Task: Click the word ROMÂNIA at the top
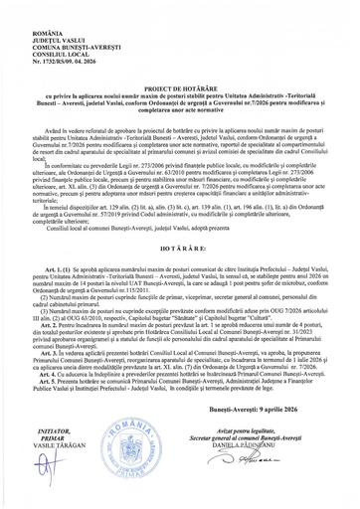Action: [35, 7]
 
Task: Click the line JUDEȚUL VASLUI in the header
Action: [45, 16]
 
